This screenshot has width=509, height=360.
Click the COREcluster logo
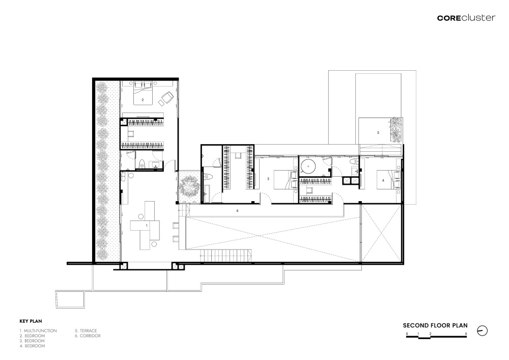point(466,18)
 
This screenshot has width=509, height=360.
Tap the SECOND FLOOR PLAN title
point(435,325)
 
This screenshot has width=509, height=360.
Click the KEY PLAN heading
point(31,321)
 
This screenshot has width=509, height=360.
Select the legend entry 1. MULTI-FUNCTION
point(38,331)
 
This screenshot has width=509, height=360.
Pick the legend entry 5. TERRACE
point(86,331)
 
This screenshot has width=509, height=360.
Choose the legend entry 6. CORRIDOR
point(88,336)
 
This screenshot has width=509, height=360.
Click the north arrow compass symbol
point(483,331)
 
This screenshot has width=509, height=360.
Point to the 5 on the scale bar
point(466,334)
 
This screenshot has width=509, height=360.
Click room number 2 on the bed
point(143,100)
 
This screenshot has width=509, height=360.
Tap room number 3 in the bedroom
point(268,179)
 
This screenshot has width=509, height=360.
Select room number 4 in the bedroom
point(383,180)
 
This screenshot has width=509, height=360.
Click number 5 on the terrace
point(378,132)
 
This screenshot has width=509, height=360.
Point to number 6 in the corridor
point(237,211)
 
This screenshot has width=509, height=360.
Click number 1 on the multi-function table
point(147,225)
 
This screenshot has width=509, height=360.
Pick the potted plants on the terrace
point(395,130)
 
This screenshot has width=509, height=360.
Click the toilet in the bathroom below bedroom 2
point(141,164)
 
